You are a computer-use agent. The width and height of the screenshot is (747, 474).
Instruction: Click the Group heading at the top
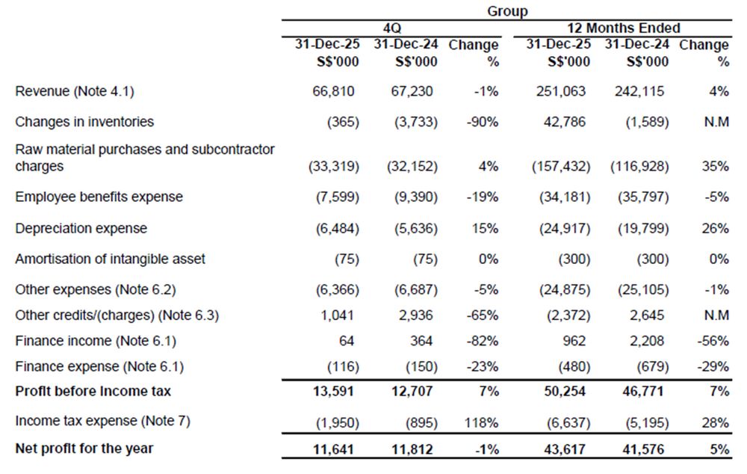point(507,10)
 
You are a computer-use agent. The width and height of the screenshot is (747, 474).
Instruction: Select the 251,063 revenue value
point(561,91)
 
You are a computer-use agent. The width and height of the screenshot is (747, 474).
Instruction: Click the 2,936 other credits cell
point(416,316)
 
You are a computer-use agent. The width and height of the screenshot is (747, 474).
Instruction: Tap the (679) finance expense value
point(650,366)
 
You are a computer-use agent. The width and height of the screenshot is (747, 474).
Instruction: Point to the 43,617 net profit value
point(565,449)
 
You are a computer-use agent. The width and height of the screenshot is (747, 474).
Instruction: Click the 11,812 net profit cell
point(412,449)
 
